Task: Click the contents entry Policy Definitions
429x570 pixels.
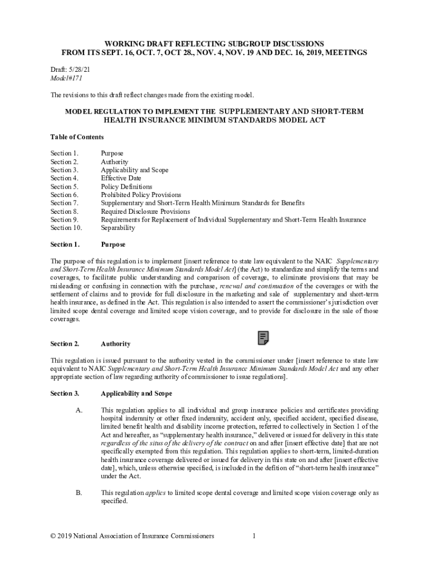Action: [126, 186]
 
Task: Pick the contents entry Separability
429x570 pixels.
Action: [118, 228]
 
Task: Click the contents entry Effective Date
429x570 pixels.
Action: [121, 178]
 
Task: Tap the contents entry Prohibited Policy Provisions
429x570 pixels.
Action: [141, 195]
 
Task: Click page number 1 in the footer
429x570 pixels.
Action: [253, 536]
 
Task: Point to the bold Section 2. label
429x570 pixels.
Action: [65, 344]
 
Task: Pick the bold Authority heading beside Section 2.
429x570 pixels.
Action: [115, 344]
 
